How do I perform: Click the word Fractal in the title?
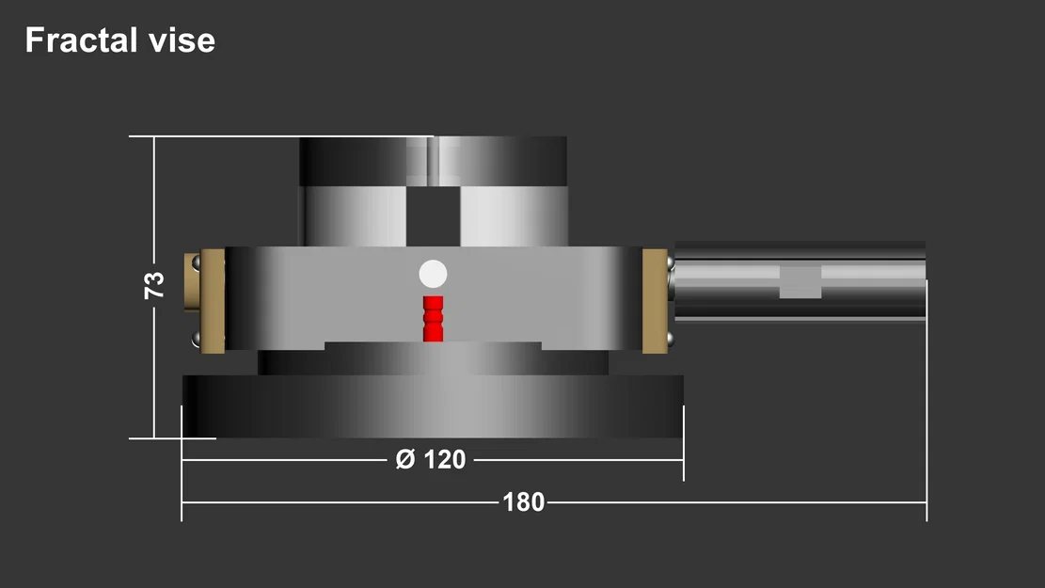(77, 40)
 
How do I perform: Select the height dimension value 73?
(154, 285)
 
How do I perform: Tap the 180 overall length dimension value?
(523, 502)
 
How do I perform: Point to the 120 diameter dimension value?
(444, 460)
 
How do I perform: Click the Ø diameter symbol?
(404, 460)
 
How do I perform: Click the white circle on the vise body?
(433, 274)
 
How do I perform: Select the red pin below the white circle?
(433, 318)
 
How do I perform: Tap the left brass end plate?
(214, 301)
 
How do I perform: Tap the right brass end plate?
(655, 301)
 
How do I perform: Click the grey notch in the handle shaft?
(800, 281)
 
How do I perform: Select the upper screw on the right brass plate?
(670, 259)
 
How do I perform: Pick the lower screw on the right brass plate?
(670, 339)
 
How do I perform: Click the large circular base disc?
(433, 406)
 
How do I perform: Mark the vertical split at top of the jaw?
(433, 162)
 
